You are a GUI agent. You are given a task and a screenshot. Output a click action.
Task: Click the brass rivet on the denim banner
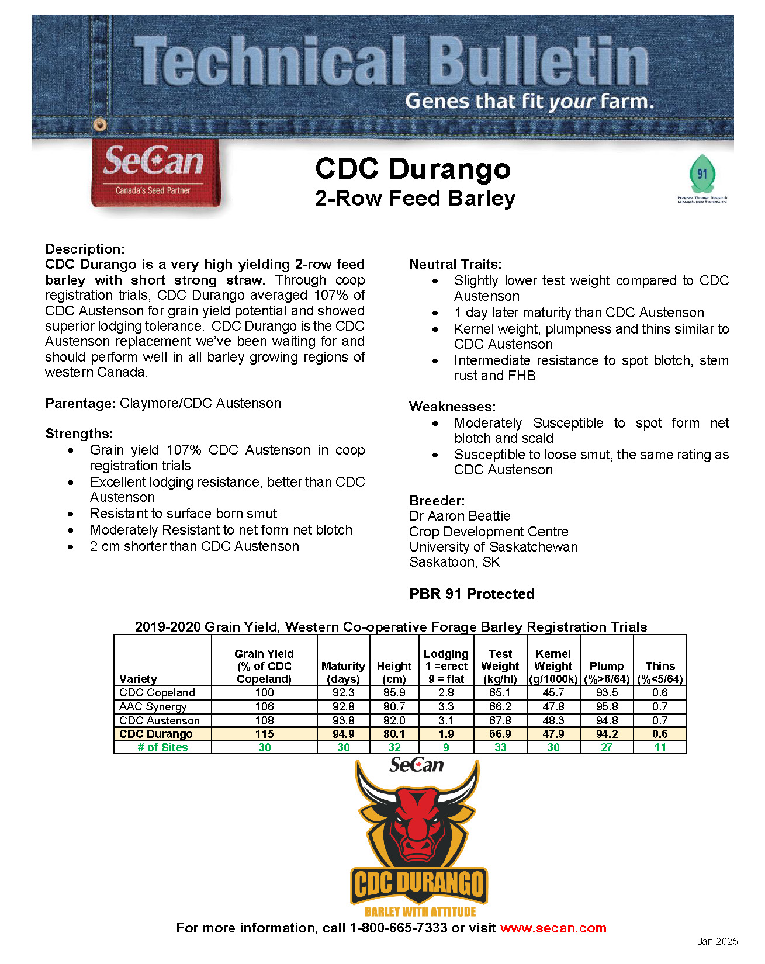click(100, 124)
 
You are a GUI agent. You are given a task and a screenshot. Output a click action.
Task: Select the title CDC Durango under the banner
click(413, 169)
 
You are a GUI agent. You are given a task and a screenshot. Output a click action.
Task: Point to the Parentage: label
click(81, 403)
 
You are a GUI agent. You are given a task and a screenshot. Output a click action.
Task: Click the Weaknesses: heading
click(452, 407)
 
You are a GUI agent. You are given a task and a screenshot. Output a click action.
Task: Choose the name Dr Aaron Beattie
click(460, 516)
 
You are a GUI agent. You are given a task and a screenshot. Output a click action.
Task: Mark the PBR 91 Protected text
click(472, 594)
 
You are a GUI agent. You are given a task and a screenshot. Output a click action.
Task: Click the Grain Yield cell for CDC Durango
click(264, 734)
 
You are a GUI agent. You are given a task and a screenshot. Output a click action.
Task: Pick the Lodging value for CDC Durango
click(446, 734)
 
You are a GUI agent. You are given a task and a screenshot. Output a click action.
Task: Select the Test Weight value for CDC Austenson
click(500, 720)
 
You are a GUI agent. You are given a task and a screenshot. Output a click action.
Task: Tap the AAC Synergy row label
click(153, 706)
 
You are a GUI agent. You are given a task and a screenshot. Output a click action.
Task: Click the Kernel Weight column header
click(553, 666)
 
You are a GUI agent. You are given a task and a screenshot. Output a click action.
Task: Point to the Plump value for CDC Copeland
click(607, 692)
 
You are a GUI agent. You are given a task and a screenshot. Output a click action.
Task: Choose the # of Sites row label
click(162, 747)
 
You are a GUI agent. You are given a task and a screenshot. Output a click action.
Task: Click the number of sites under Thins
click(660, 747)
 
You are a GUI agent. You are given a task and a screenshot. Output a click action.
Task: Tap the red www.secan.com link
click(553, 928)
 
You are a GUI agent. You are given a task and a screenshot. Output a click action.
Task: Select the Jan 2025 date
click(717, 941)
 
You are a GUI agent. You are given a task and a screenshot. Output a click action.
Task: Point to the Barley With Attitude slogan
click(420, 911)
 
